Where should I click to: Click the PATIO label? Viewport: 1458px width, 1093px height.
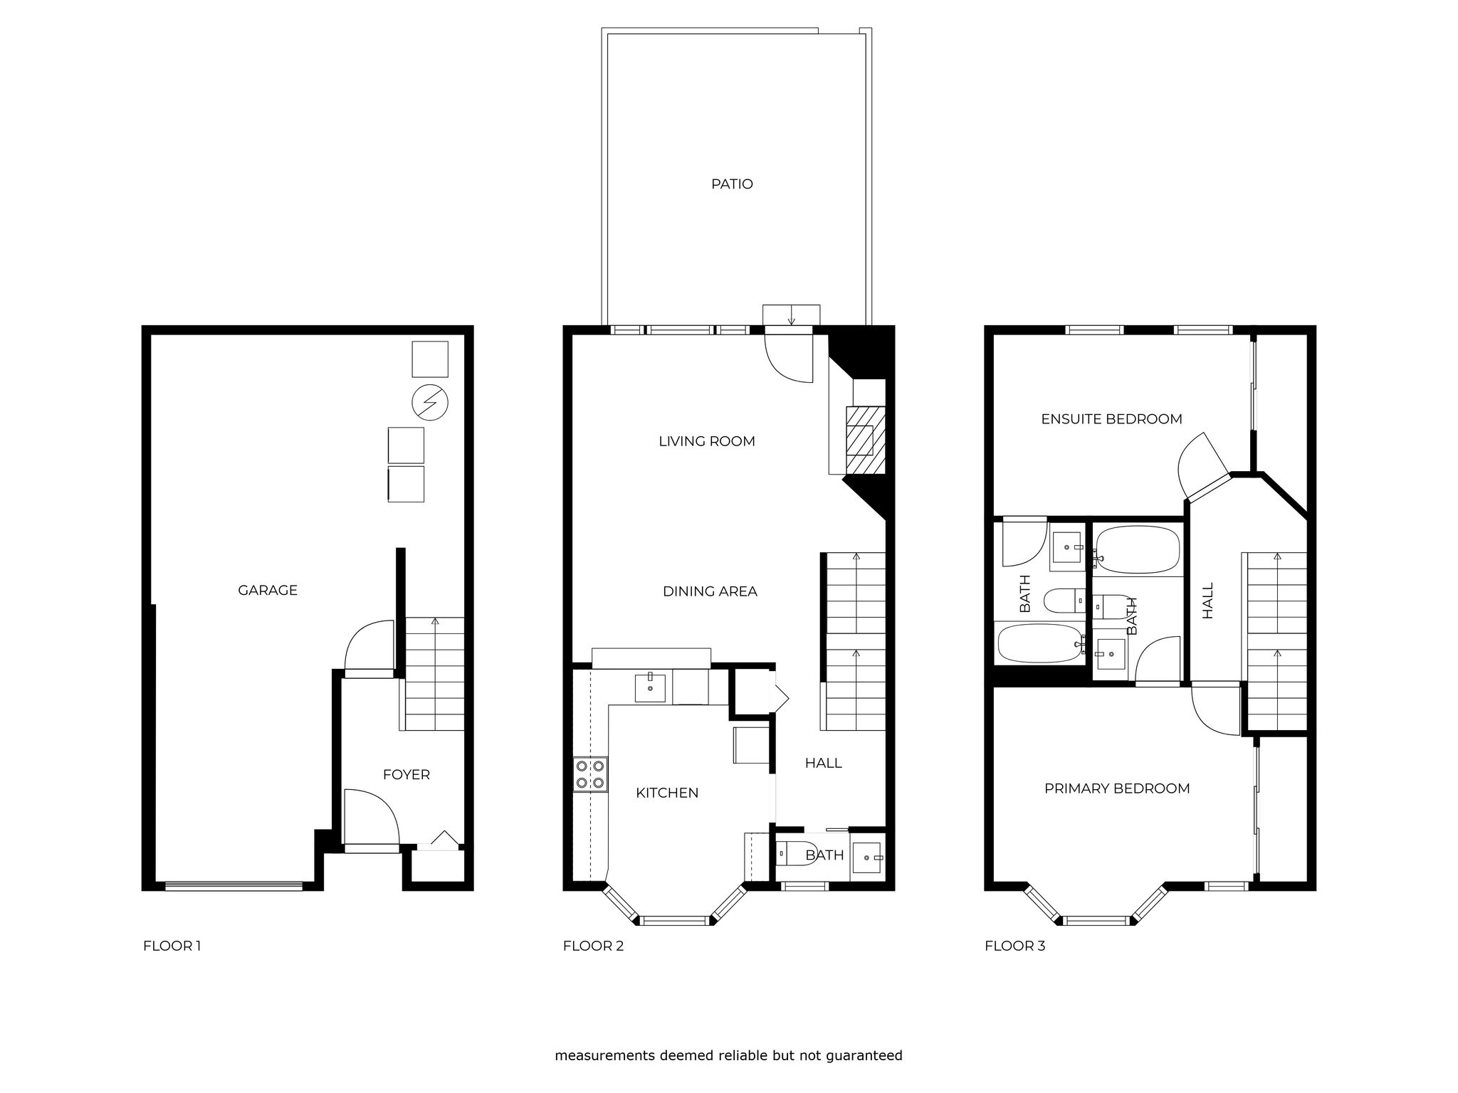point(732,184)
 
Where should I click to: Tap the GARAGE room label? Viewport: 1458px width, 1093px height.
point(268,590)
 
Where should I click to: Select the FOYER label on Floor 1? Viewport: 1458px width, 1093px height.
point(407,774)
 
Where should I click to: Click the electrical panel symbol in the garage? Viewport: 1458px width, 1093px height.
point(430,403)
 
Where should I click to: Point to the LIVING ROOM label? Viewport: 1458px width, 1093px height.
point(707,441)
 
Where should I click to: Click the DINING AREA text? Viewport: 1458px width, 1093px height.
point(710,591)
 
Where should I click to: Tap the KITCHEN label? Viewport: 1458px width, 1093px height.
point(667,793)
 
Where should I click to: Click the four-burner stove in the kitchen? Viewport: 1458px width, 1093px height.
point(591,774)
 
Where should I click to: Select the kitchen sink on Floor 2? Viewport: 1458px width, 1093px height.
point(650,687)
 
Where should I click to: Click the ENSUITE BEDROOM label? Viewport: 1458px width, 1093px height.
point(1111,419)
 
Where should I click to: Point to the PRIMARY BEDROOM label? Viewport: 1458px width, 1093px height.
point(1117,788)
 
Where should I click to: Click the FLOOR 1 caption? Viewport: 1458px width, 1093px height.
point(172,946)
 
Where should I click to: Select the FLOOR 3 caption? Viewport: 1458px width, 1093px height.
point(1015,946)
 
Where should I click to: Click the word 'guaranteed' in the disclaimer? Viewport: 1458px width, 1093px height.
point(865,1056)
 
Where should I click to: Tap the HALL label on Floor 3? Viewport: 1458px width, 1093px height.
point(1207,601)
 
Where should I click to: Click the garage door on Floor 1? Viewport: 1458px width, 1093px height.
point(234,886)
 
